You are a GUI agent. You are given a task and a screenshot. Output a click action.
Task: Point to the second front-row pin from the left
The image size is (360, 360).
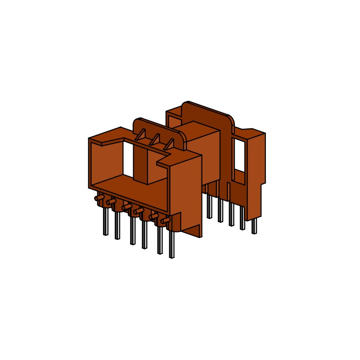click(117, 225)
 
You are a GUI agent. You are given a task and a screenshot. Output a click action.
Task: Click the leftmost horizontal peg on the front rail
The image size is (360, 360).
click(99, 198)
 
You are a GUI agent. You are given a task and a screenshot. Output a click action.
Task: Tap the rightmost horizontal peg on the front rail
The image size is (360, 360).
click(165, 220)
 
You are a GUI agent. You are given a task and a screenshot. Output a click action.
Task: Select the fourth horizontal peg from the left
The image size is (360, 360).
click(139, 211)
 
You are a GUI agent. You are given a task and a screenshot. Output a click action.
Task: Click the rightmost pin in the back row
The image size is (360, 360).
click(254, 226)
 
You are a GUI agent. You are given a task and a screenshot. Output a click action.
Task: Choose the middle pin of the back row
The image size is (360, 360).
click(231, 215)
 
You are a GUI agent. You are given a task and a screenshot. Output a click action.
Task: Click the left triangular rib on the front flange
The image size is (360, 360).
click(141, 134)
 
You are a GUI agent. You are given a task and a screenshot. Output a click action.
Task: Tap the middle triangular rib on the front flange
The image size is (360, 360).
click(155, 139)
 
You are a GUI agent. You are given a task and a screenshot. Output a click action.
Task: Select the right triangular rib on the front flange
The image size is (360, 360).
click(169, 144)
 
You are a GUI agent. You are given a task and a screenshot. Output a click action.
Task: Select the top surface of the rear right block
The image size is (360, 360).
click(252, 133)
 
